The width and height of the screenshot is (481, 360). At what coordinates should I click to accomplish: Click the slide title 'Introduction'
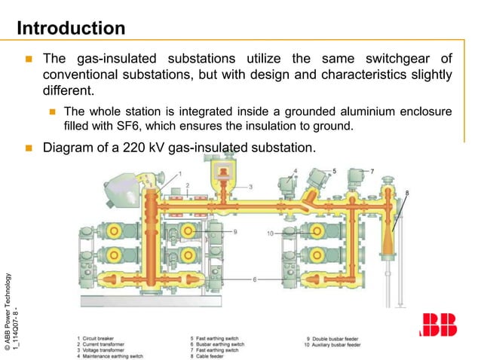[71, 29]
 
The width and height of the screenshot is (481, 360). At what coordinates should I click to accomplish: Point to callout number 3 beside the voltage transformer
[251, 186]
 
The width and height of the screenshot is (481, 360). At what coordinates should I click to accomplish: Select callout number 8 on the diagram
[408, 194]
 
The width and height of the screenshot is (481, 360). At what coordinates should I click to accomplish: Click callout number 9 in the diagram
[234, 231]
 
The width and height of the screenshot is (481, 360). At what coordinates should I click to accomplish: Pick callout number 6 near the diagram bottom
[254, 279]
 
